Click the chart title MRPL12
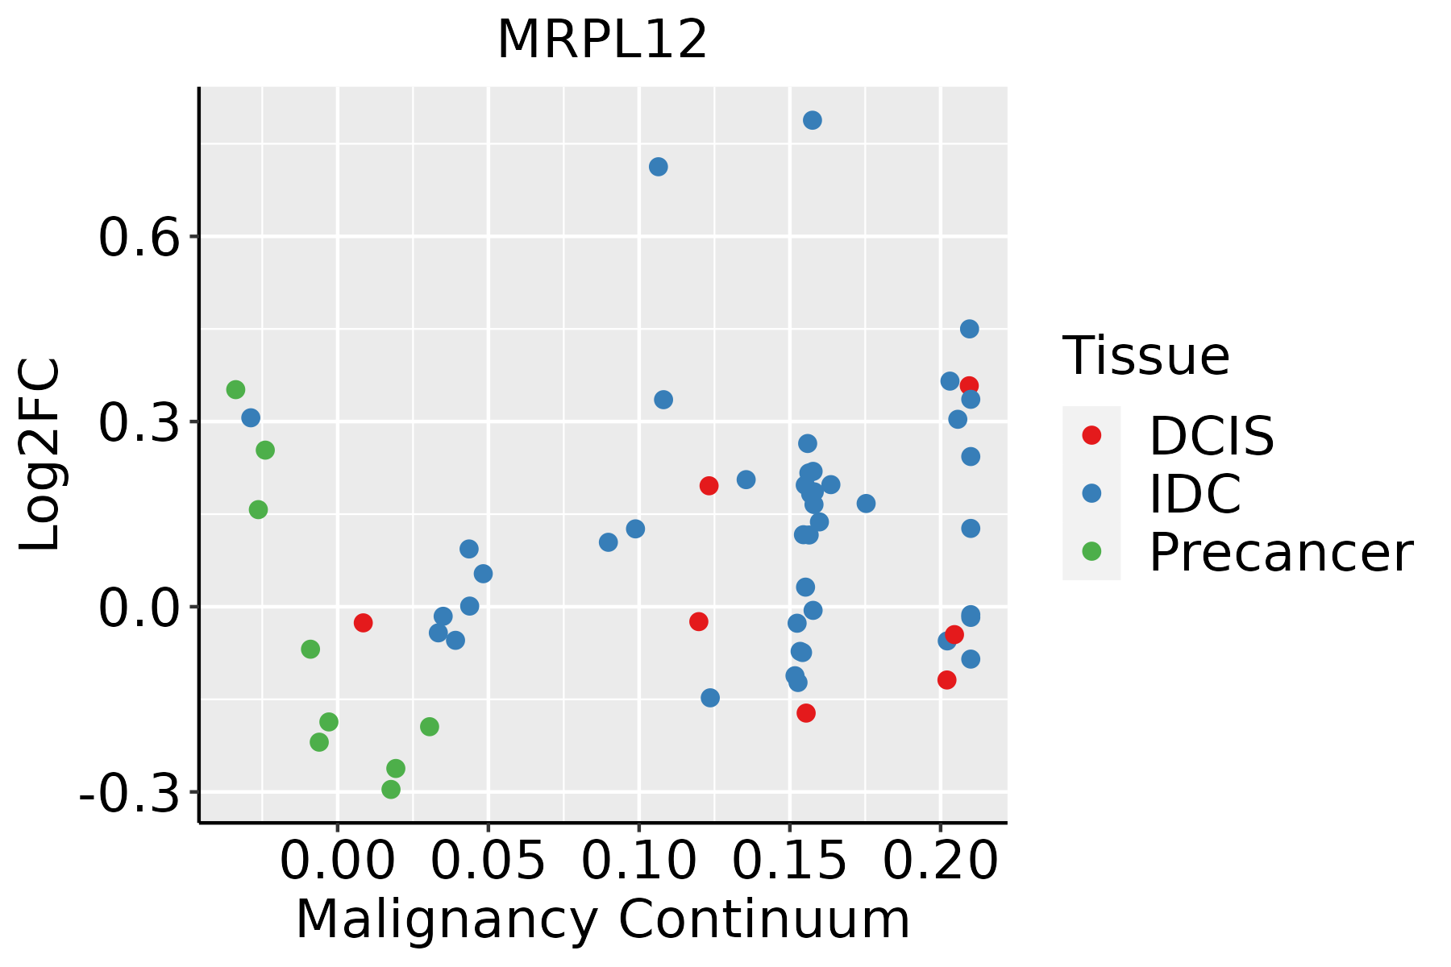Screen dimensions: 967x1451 [602, 40]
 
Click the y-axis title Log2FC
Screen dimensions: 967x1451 [40, 454]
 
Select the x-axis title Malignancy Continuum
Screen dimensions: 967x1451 [603, 919]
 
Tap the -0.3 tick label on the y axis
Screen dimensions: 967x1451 [129, 793]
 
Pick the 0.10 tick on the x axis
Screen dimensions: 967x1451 [638, 861]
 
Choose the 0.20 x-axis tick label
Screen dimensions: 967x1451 [940, 861]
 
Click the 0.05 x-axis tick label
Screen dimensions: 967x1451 [488, 861]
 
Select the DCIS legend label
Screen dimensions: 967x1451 [1211, 436]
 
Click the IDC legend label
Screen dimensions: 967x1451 [1195, 494]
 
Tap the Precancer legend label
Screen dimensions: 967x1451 [1280, 553]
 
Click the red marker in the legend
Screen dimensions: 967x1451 [1091, 435]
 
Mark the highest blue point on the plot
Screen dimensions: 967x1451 [813, 120]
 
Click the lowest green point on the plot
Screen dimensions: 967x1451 [391, 790]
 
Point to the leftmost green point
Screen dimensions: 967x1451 [235, 390]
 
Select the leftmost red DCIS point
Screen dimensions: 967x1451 [363, 623]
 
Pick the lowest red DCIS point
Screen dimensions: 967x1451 [806, 713]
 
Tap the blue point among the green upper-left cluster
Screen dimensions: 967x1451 [251, 417]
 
